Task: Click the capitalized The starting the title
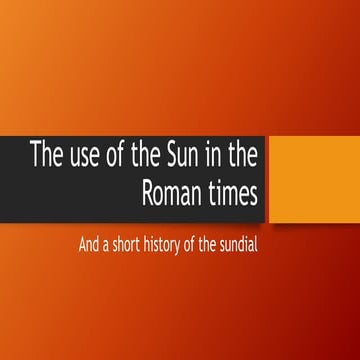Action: coord(45,157)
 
